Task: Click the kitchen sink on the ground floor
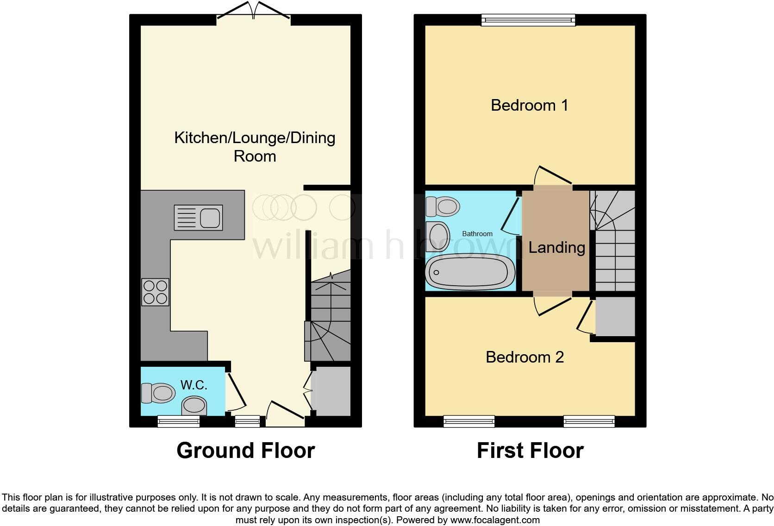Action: (198, 217)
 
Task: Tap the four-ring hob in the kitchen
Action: (156, 292)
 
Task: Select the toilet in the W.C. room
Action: (158, 393)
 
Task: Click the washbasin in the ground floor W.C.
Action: (194, 406)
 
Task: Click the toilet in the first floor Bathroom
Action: (443, 206)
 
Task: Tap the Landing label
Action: (556, 247)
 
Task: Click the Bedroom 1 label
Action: (529, 105)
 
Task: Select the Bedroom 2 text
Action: (524, 357)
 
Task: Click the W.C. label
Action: (193, 385)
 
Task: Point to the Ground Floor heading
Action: (245, 451)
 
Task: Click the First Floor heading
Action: (530, 451)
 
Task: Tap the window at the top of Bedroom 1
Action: (528, 19)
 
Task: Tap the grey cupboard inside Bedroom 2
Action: (615, 316)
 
